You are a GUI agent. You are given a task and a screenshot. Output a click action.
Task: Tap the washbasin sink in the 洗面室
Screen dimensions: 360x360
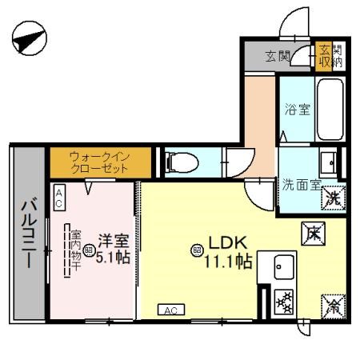[328, 162]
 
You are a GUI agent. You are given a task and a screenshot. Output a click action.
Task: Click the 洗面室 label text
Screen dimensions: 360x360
[301, 185]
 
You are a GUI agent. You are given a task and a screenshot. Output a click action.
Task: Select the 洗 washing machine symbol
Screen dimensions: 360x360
[334, 197]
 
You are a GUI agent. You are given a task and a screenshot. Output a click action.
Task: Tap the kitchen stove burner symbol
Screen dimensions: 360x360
[284, 301]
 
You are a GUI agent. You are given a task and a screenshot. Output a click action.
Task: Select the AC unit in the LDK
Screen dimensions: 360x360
[170, 310]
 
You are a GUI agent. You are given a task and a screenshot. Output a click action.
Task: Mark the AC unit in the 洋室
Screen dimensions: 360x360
[60, 198]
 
